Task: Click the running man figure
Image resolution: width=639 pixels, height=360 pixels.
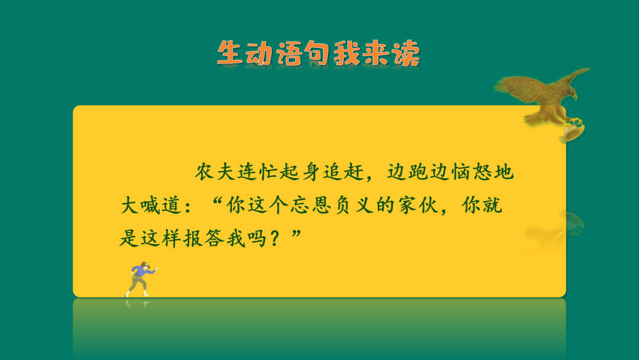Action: [x=140, y=277]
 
